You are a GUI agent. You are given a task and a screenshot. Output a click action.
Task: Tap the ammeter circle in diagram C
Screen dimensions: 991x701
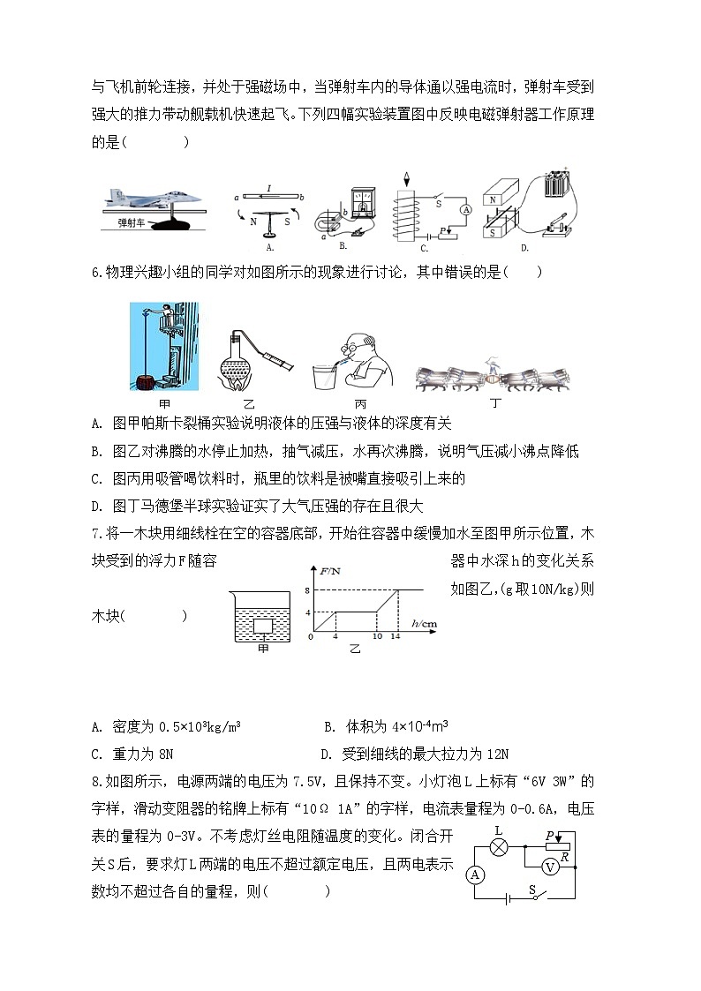pos(465,207)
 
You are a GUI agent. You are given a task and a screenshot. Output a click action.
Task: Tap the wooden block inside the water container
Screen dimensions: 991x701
pos(262,627)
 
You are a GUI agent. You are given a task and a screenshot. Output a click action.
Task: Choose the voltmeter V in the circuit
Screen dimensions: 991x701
pos(548,867)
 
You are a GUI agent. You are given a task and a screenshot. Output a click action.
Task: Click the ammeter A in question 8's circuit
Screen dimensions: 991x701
pos(476,875)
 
